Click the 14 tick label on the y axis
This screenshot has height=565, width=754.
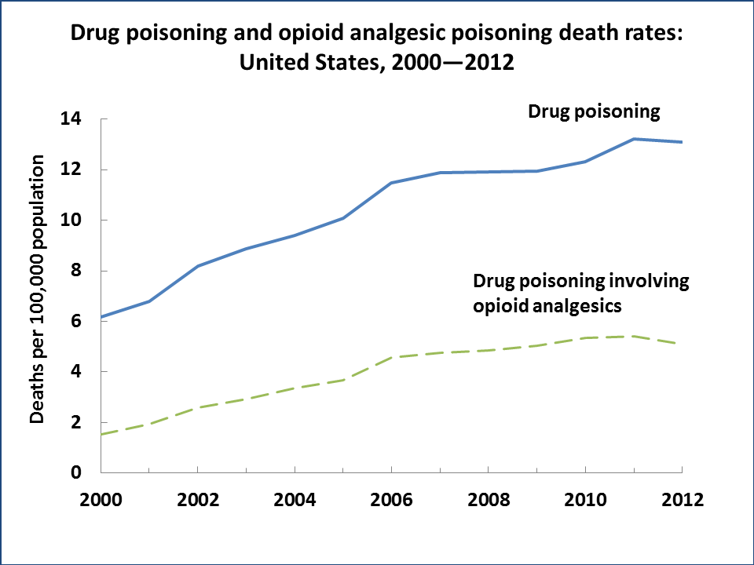click(x=71, y=119)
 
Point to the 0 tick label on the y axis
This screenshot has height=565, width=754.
click(x=77, y=472)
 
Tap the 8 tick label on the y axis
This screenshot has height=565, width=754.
click(x=77, y=271)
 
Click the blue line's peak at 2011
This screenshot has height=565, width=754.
click(x=633, y=139)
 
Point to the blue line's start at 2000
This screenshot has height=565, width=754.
click(x=102, y=316)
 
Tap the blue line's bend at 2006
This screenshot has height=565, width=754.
click(x=391, y=183)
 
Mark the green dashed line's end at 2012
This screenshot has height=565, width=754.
click(x=680, y=344)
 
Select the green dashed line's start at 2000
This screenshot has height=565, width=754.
click(x=103, y=434)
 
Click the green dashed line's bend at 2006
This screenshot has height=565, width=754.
click(x=391, y=357)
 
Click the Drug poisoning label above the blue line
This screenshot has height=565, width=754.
click(x=593, y=111)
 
